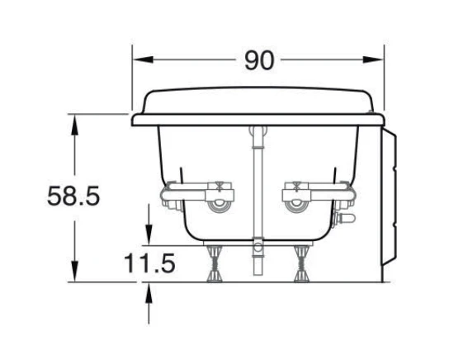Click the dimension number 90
(x=259, y=60)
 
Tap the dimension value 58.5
(x=73, y=197)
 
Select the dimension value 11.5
(x=149, y=263)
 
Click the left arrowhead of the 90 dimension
(x=143, y=59)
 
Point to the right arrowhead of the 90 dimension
(x=373, y=59)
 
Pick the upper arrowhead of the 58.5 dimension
(x=74, y=125)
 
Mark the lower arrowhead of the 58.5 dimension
(x=74, y=272)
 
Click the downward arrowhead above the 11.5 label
(x=149, y=235)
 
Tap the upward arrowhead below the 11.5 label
(x=149, y=292)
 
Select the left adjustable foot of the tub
(x=215, y=263)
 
